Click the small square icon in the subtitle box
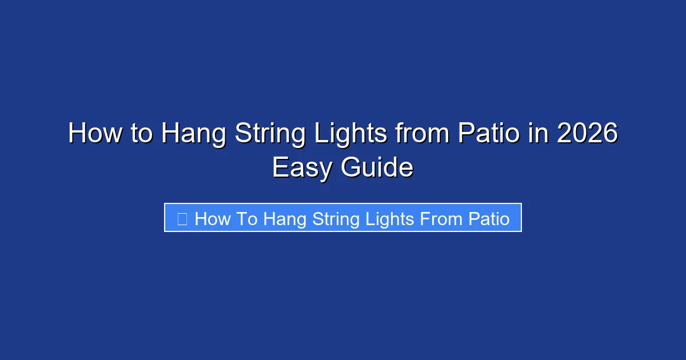pyautogui.click(x=182, y=218)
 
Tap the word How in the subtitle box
pyautogui.click(x=212, y=218)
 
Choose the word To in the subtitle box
pyautogui.click(x=246, y=218)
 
